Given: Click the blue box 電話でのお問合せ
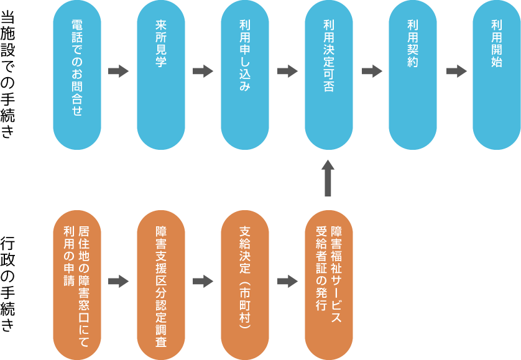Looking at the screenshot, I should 77,75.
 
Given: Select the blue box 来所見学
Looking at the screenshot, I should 161,75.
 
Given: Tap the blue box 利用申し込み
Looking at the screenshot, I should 245,75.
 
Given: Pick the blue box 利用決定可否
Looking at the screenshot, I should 329,75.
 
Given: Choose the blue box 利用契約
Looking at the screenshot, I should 412,75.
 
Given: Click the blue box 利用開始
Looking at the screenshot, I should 496,75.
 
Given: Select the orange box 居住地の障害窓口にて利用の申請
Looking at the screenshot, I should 77,284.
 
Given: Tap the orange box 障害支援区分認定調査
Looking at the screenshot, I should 161,284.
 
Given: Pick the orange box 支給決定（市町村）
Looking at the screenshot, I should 245,284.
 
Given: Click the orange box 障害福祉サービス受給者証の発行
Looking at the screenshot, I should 329,284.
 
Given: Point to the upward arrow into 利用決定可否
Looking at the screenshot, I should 329,178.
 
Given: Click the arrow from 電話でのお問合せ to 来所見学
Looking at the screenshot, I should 118,72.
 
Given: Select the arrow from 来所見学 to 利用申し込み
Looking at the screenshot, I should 203,72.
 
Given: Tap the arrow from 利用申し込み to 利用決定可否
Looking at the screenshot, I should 287,72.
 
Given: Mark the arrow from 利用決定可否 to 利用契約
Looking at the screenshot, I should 371,72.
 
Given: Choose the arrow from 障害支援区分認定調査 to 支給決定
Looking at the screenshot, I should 203,282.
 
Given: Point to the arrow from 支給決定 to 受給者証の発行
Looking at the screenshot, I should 287,282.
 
